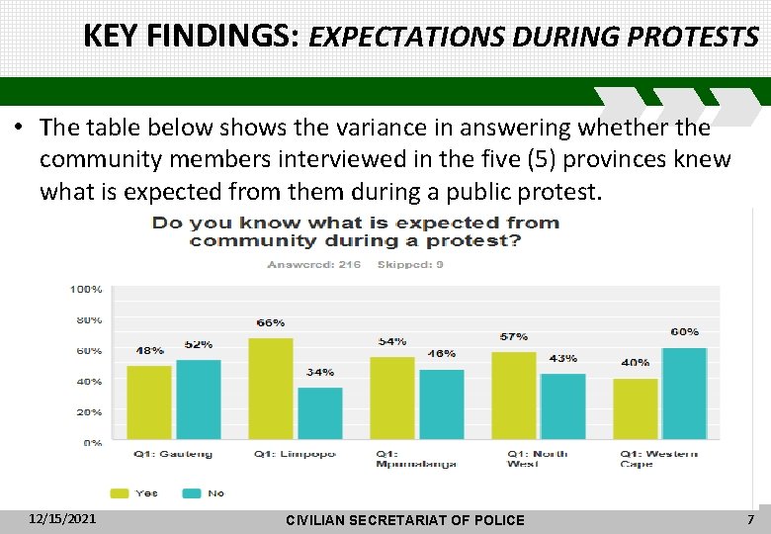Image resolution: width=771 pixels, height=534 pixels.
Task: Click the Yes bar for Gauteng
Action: [x=149, y=402]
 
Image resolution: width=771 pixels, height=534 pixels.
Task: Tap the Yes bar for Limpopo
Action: [x=271, y=389]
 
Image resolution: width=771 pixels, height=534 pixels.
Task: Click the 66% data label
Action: [x=271, y=323]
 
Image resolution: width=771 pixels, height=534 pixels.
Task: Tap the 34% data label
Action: [x=320, y=373]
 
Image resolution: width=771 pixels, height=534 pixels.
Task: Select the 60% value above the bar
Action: [x=684, y=332]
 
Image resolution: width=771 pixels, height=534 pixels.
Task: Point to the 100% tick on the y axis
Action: [x=86, y=290]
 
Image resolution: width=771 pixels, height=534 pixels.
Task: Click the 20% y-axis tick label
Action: [x=89, y=412]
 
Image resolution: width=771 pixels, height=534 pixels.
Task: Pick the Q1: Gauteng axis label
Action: [x=173, y=455]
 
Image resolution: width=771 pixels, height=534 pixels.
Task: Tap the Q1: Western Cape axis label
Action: [x=658, y=459]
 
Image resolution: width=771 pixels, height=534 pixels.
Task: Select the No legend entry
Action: [x=205, y=492]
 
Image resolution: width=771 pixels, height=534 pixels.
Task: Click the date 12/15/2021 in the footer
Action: [x=63, y=518]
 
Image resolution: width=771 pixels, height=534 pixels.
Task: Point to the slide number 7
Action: [x=750, y=519]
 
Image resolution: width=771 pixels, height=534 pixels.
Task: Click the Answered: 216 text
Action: [x=313, y=265]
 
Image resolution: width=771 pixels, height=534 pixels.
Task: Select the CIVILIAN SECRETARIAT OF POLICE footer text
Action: [x=404, y=520]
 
